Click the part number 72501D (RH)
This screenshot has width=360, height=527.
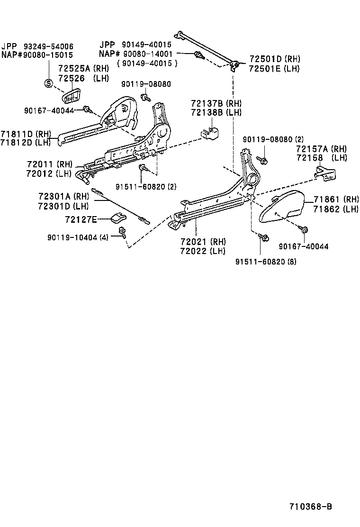pyautogui.click(x=274, y=59)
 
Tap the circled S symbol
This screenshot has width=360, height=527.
pyautogui.click(x=48, y=83)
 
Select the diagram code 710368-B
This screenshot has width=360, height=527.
pyautogui.click(x=310, y=506)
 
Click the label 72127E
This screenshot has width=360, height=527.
pyautogui.click(x=81, y=219)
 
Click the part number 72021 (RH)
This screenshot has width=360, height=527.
pyautogui.click(x=203, y=242)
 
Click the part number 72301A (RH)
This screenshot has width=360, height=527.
pyautogui.click(x=63, y=196)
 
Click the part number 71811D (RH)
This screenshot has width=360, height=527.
pyautogui.click(x=25, y=134)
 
